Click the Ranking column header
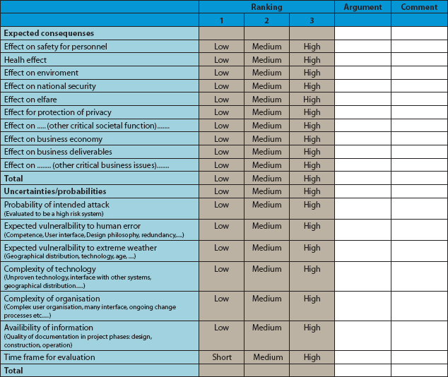click(266, 7)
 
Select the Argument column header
click(362, 7)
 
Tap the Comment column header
click(419, 7)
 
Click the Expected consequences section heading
click(49, 33)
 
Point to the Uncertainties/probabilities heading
click(55, 191)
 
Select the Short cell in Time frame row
click(222, 357)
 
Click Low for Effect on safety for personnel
click(222, 47)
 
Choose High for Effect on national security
click(312, 86)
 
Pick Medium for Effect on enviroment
click(266, 73)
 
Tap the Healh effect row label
click(25, 60)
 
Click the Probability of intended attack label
click(57, 205)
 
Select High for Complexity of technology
click(312, 269)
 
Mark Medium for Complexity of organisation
click(266, 299)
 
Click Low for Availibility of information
click(222, 328)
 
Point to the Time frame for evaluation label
click(49, 357)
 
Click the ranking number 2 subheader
click(266, 20)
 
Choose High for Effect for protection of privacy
click(312, 112)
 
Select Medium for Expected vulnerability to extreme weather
click(266, 248)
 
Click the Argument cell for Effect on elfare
click(362, 100)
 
